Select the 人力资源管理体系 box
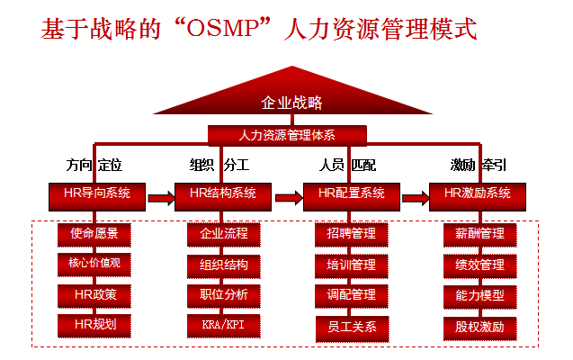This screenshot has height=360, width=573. tap(288, 135)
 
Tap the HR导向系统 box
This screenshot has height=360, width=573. tap(97, 193)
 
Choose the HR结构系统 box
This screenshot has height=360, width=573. tap(223, 193)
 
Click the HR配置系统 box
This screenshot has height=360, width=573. tap(351, 193)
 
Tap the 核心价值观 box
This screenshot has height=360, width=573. tap(94, 265)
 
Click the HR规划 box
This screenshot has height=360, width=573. tap(94, 324)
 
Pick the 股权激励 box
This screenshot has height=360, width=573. tap(479, 326)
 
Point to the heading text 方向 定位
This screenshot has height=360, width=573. tap(94, 166)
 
